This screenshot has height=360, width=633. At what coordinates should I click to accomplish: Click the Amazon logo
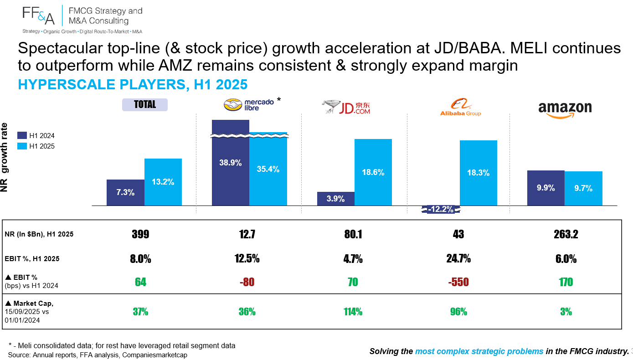pyautogui.click(x=565, y=110)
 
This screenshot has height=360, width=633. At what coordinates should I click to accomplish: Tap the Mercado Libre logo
pyautogui.click(x=249, y=104)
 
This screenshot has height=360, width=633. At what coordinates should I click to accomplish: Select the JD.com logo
pyautogui.click(x=346, y=107)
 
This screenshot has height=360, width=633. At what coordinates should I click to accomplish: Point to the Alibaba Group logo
pyautogui.click(x=460, y=107)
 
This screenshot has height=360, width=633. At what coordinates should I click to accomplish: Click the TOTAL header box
pyautogui.click(x=144, y=104)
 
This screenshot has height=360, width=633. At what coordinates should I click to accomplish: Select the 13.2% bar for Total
pyautogui.click(x=163, y=182)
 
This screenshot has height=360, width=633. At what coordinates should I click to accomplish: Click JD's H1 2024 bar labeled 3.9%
pyautogui.click(x=336, y=199)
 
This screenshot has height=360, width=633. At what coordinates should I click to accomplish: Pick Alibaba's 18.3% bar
pyautogui.click(x=479, y=173)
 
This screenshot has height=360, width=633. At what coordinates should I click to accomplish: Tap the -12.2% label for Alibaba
pyautogui.click(x=441, y=209)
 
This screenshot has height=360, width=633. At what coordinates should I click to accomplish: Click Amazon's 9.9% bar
pyautogui.click(x=546, y=188)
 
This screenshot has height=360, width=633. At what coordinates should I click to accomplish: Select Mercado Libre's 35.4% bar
pyautogui.click(x=268, y=169)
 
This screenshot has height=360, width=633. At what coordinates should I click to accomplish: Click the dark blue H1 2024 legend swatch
pyautogui.click(x=22, y=135)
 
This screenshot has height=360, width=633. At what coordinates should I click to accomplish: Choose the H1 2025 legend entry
pyautogui.click(x=36, y=146)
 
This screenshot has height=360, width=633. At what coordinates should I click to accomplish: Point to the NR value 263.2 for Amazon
pyautogui.click(x=566, y=234)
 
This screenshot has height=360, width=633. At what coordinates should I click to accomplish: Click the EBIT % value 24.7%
pyautogui.click(x=458, y=258)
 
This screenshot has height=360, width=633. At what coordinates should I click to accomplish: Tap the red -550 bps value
pyautogui.click(x=458, y=282)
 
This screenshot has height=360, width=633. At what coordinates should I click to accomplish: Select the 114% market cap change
pyautogui.click(x=353, y=312)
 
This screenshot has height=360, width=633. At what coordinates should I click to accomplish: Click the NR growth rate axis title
pyautogui.click(x=5, y=157)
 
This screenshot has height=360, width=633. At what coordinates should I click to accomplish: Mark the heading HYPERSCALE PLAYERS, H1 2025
pyautogui.click(x=133, y=84)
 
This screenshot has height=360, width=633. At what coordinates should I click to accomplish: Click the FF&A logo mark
pyautogui.click(x=38, y=15)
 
